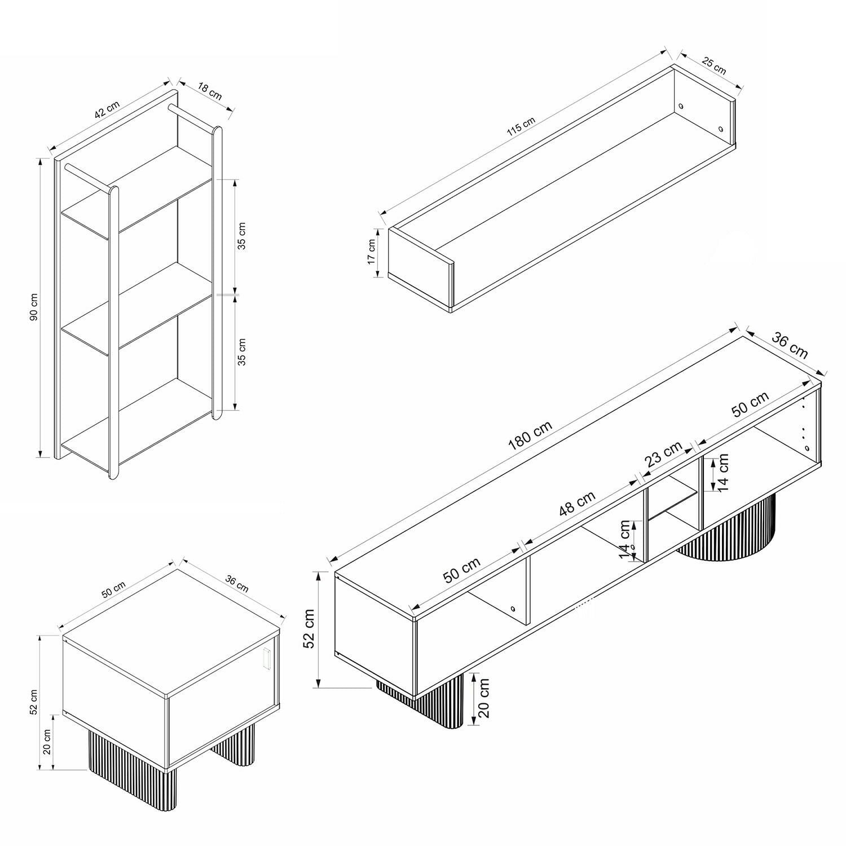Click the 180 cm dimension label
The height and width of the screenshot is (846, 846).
click(x=530, y=435)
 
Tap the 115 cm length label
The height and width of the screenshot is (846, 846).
click(x=521, y=127)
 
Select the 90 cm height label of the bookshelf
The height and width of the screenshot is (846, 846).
click(x=33, y=308)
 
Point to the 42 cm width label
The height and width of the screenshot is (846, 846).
click(x=107, y=109)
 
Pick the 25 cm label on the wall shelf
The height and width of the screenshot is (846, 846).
click(x=713, y=65)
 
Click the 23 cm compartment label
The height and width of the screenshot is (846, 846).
click(x=663, y=454)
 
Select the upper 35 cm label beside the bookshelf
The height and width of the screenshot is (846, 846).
click(x=241, y=236)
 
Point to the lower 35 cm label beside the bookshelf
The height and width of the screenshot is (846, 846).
click(x=241, y=352)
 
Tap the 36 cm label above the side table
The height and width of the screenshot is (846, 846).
click(x=237, y=583)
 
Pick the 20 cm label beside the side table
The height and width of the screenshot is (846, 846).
click(x=47, y=742)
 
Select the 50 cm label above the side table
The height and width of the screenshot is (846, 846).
click(x=113, y=589)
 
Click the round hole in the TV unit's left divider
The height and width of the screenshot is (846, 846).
click(x=513, y=609)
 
